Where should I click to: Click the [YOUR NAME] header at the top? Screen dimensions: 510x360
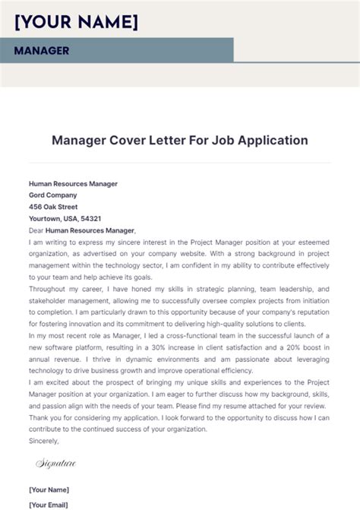76,22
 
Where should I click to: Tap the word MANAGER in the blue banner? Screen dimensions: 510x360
41,51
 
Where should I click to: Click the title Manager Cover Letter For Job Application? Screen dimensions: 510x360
180,140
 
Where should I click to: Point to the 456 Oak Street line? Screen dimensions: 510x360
53,206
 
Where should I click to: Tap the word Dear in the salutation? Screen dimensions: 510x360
36,230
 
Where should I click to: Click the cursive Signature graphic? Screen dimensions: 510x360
56,462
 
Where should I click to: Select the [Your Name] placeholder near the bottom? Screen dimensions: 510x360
49,489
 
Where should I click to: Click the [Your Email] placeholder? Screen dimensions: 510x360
49,504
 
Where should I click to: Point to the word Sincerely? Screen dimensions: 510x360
44,440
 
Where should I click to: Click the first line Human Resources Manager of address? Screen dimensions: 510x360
73,183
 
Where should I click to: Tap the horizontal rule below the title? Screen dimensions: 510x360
180,162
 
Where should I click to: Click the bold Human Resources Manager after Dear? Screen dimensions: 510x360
90,230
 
